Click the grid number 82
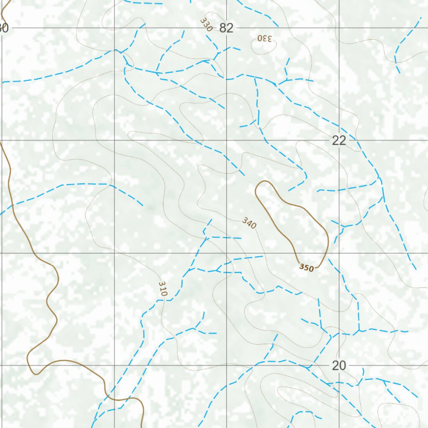[226, 28]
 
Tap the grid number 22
[339, 140]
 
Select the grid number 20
[339, 366]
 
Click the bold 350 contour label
[306, 268]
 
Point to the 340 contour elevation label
[249, 223]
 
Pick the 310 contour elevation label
[163, 289]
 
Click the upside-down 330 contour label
[265, 38]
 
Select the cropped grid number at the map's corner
[3, 28]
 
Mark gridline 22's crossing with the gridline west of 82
[115, 140]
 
